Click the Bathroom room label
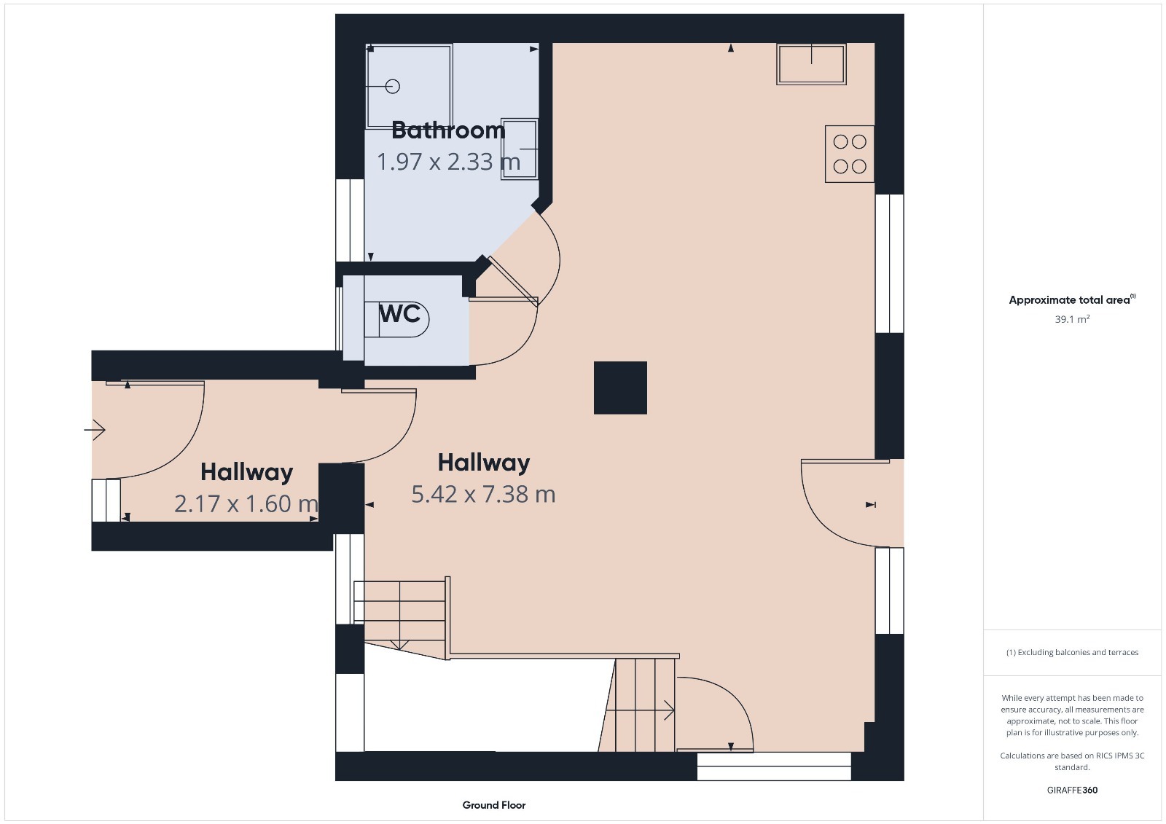448,130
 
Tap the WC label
400,313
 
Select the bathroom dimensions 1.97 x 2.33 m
448,161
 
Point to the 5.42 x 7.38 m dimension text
483,494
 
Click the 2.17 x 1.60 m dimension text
246,503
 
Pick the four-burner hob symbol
850,154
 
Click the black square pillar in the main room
620,388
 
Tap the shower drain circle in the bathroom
393,87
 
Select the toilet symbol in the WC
396,318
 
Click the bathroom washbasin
519,149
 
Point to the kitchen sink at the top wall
811,64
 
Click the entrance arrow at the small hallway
95,430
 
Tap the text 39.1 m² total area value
1072,319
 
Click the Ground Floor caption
494,805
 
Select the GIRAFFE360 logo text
1072,790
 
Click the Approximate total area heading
1072,299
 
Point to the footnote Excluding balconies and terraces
1072,652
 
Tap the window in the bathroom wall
350,220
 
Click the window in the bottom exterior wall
774,766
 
